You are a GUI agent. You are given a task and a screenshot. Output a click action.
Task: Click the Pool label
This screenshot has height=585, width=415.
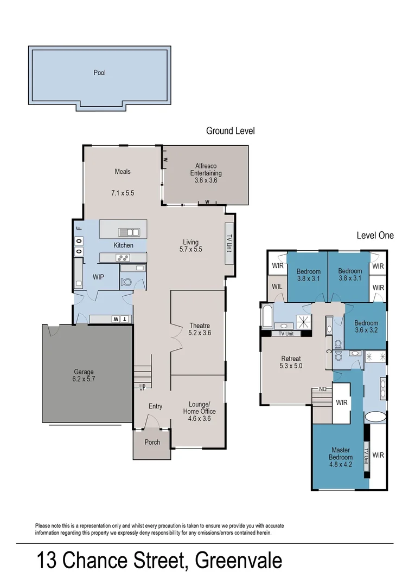[99, 73]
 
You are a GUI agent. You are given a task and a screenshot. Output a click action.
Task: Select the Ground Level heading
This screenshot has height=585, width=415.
[230, 131]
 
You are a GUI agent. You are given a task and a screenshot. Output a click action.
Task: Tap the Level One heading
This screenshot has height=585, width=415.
[375, 235]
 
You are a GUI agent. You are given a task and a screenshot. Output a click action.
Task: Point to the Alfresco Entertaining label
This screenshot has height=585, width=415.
[206, 173]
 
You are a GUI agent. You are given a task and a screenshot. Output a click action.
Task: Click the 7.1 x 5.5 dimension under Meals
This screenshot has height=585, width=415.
[123, 193]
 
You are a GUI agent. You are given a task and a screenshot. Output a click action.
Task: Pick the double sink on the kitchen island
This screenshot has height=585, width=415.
[129, 232]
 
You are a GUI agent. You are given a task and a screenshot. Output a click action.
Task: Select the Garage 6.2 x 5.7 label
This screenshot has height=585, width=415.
[84, 375]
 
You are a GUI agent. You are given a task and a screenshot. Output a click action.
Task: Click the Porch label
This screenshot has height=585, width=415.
[152, 442]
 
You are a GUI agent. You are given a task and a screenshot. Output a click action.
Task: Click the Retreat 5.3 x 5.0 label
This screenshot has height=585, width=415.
[291, 362]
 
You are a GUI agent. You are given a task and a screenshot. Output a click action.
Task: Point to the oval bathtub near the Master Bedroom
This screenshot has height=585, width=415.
[375, 417]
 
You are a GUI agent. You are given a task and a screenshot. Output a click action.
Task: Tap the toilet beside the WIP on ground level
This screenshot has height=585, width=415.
[126, 282]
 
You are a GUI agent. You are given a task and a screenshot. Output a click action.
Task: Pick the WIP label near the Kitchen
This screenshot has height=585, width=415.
[98, 276]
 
